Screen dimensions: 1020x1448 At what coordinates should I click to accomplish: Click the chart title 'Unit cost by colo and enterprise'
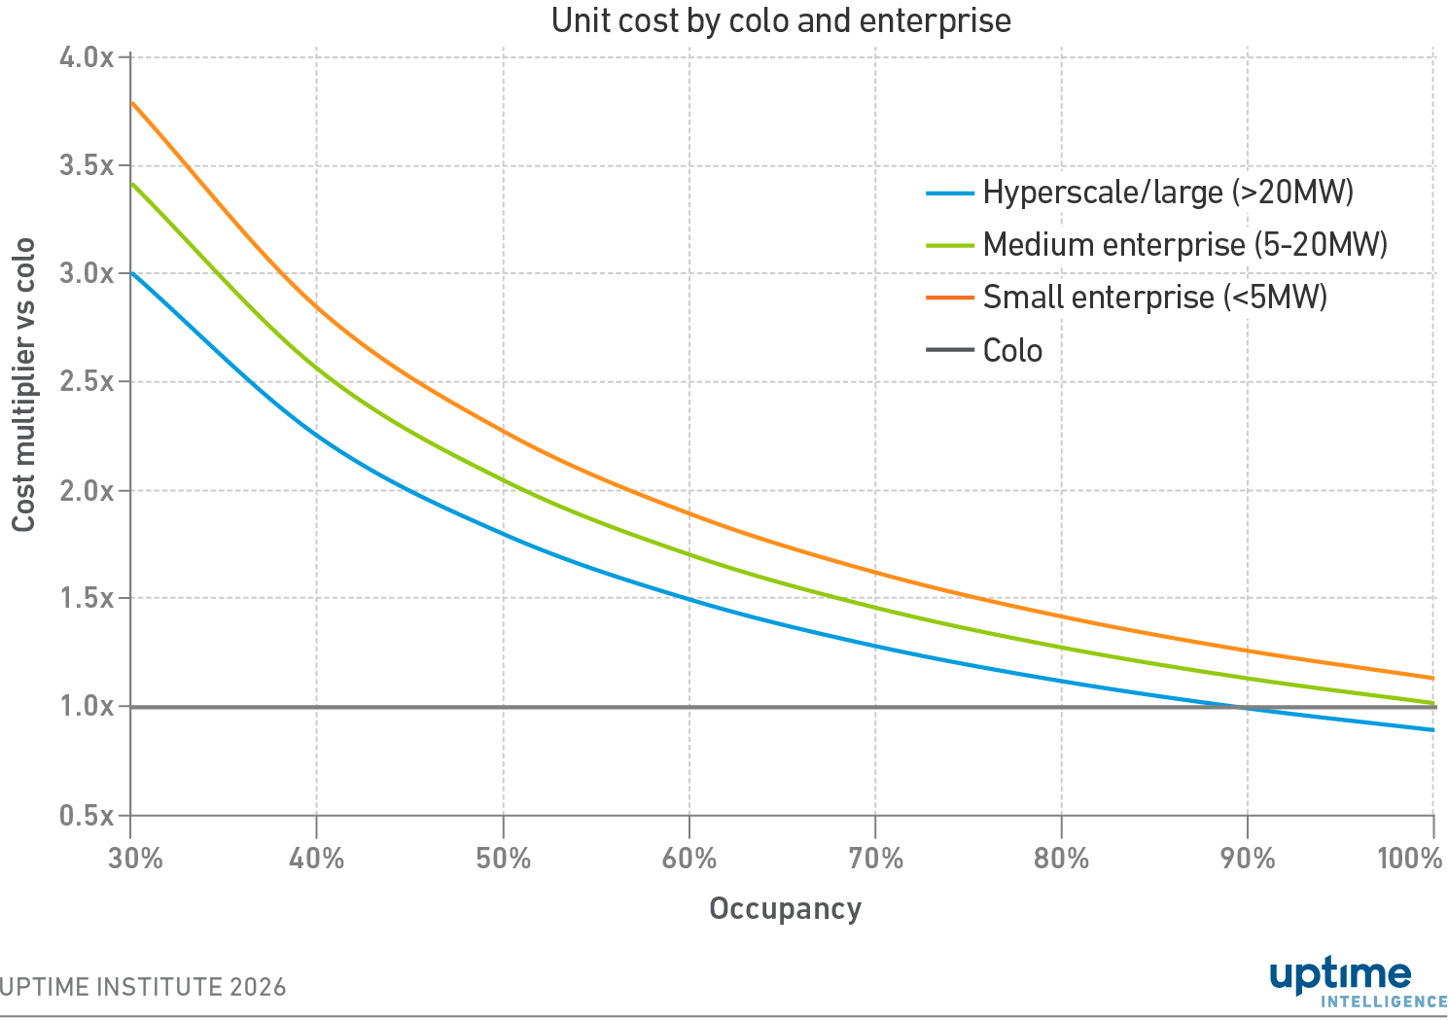(781, 20)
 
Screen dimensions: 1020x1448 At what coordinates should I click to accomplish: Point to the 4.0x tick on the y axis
(88, 57)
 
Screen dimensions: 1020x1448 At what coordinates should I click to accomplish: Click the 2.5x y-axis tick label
(88, 382)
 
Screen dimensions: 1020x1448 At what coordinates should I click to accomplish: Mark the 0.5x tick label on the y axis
(88, 816)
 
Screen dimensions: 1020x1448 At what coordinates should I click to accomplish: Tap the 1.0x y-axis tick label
(88, 707)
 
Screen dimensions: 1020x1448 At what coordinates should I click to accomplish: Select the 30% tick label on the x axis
(135, 860)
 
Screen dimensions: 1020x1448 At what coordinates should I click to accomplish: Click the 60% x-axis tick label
(689, 860)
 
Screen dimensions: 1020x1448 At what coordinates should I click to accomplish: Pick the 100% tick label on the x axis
(1410, 860)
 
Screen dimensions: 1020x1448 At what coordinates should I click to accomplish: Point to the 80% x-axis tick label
(1062, 860)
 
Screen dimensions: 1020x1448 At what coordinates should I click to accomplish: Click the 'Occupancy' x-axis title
(785, 909)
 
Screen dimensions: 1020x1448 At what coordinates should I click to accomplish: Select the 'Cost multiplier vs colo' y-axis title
(24, 385)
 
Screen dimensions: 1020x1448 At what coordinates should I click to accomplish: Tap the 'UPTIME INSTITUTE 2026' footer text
(143, 988)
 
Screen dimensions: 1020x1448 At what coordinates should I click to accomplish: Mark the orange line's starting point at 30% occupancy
(131, 102)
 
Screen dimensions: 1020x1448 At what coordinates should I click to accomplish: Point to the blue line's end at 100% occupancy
(1433, 730)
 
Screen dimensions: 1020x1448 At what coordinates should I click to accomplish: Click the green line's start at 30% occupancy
(131, 183)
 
